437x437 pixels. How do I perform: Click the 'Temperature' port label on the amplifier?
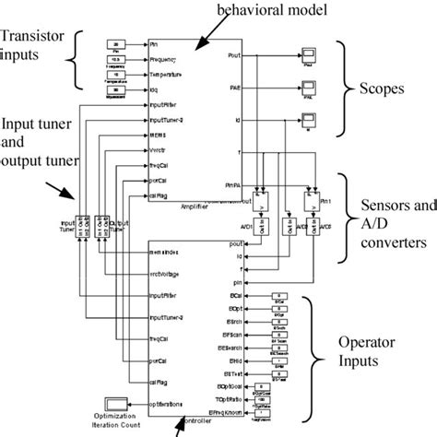171,74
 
